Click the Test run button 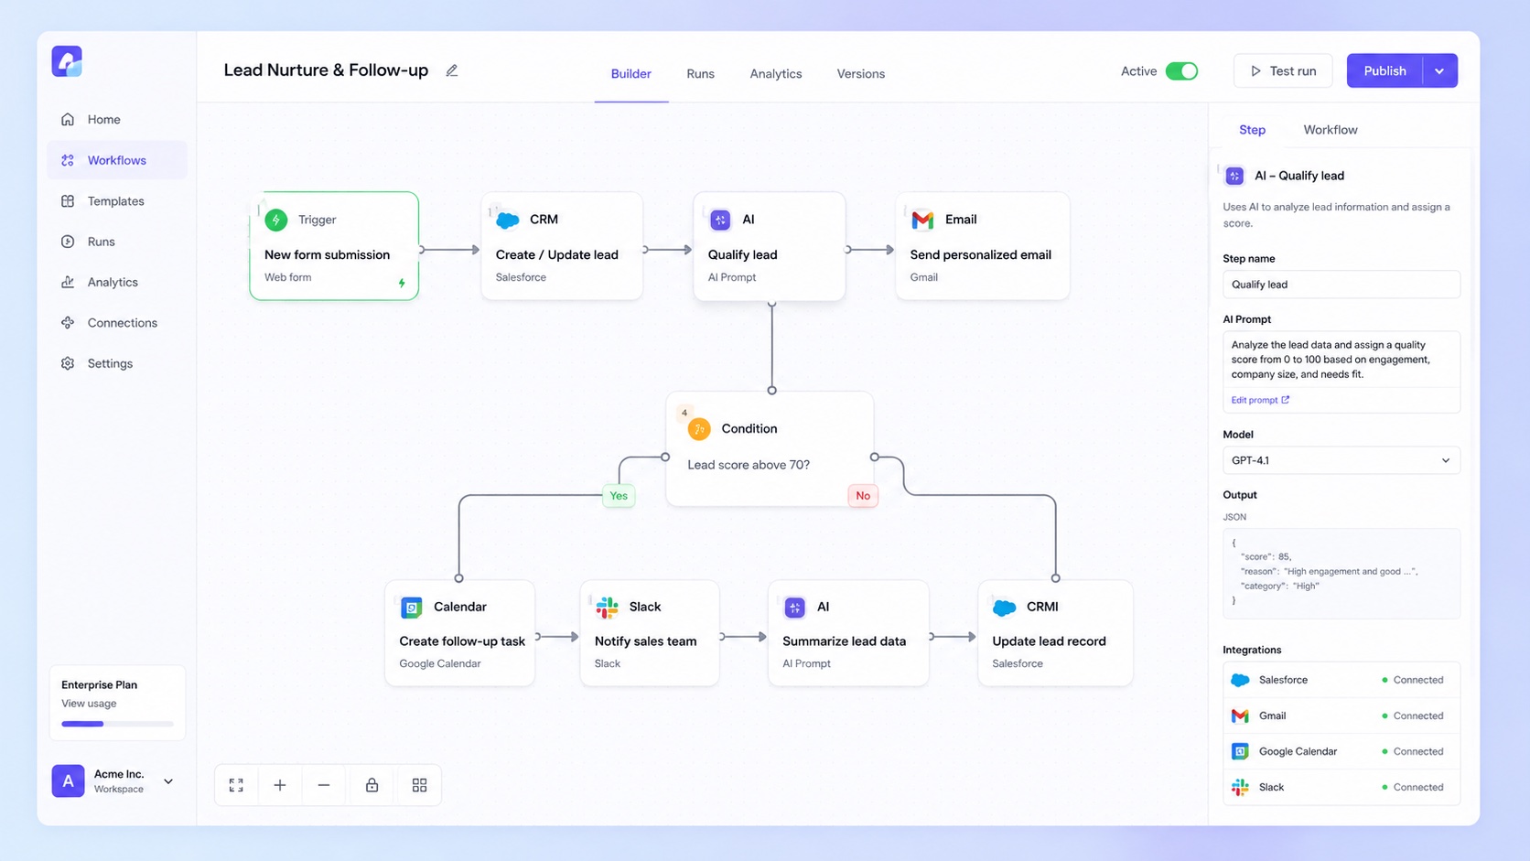[1283, 71]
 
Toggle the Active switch [1181, 71]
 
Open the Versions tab [860, 74]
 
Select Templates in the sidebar [115, 201]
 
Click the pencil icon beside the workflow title [451, 70]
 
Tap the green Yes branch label [619, 496]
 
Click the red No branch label [863, 496]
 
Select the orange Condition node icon [699, 429]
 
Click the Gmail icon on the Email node [922, 220]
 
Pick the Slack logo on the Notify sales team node [607, 607]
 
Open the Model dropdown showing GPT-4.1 [1341, 461]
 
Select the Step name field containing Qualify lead [1341, 285]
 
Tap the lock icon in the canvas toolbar [372, 785]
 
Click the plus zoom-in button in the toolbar [280, 785]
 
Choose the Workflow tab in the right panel [1330, 130]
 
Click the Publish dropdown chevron [1439, 71]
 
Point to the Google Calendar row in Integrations [1341, 752]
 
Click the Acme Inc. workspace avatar [69, 781]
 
